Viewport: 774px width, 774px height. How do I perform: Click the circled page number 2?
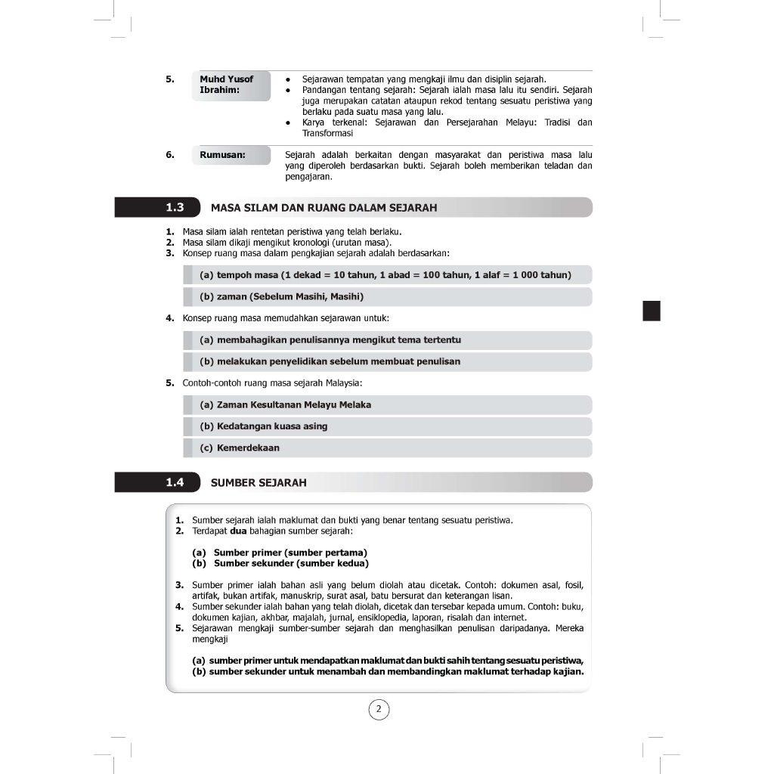click(x=379, y=709)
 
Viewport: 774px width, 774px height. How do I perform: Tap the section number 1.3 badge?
click(x=175, y=207)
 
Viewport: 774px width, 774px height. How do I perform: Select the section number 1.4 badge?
click(x=175, y=482)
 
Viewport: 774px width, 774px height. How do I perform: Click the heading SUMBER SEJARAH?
click(x=259, y=482)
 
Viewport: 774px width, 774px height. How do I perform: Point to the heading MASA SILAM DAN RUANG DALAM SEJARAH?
click(x=324, y=207)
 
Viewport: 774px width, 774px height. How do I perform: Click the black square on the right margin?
click(x=651, y=311)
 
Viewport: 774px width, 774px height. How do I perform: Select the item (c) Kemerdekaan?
click(x=240, y=447)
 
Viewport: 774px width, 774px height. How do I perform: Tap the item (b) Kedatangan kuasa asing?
click(x=264, y=426)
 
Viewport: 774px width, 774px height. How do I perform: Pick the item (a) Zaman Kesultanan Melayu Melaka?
click(x=286, y=404)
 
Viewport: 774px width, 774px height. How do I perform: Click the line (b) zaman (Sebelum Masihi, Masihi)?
click(x=282, y=296)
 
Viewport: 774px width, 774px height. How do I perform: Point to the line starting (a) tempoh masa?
click(x=385, y=274)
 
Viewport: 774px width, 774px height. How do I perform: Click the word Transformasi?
click(x=327, y=133)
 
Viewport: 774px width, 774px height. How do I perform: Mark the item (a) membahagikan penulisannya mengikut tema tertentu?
click(x=330, y=340)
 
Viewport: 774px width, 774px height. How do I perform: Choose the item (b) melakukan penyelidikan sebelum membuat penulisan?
click(x=330, y=361)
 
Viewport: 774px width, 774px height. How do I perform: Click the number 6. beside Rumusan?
click(x=170, y=155)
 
